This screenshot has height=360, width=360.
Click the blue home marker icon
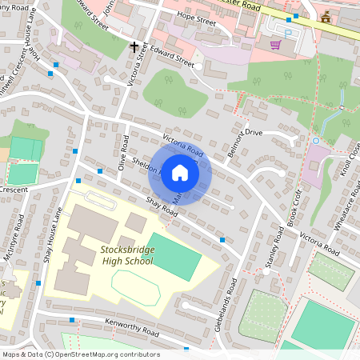[x=180, y=173]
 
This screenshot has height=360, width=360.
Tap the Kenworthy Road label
[x=132, y=327]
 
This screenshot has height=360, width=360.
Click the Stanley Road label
[x=275, y=247]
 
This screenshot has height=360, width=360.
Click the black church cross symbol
[x=134, y=46]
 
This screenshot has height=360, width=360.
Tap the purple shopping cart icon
[x=275, y=45]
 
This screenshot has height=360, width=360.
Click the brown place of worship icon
[x=326, y=17]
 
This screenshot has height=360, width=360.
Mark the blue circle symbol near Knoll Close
[x=315, y=141]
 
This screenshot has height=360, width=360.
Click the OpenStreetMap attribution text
[x=80, y=354]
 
